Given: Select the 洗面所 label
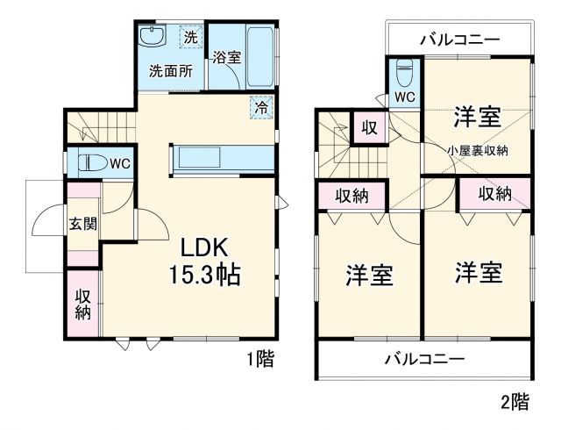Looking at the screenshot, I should coord(170,72).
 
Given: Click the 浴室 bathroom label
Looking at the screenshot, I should coord(227,58).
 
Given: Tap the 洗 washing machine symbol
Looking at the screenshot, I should coord(190,37).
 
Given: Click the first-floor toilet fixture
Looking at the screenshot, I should coord(91,163).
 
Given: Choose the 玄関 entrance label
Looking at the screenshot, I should coord(83,223).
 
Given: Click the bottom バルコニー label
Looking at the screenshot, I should coord(424,359).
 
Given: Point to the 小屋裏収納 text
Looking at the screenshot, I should coord(478,150).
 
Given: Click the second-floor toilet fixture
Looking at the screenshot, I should coord(404,69).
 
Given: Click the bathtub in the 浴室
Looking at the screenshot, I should coord(261,54).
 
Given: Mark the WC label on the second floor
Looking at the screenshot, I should coord(404,96).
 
